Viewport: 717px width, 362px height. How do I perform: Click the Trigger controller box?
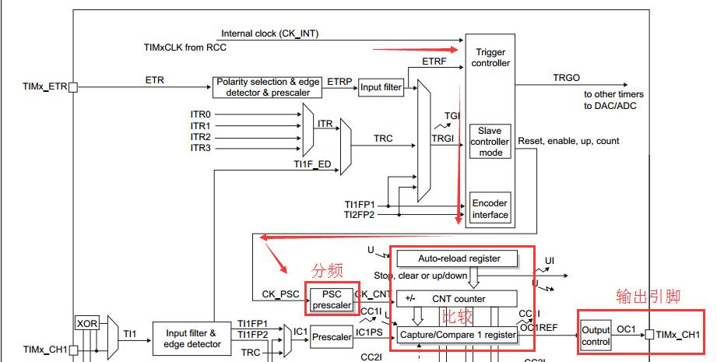pos(490,58)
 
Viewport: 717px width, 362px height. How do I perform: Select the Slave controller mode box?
pos(490,142)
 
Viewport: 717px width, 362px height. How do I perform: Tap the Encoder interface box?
pos(490,209)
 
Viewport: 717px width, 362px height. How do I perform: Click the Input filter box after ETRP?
pos(381,87)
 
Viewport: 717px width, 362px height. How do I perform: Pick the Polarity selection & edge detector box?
pos(268,87)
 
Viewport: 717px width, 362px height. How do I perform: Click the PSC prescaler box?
pos(332,299)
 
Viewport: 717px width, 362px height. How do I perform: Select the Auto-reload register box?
pos(459,258)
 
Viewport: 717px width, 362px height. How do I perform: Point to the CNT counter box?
pos(458,298)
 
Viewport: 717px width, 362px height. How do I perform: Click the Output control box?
pos(596,336)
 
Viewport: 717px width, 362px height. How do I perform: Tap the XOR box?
pos(86,323)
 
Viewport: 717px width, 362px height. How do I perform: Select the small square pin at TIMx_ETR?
pos(73,88)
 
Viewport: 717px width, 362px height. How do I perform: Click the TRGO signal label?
pos(566,78)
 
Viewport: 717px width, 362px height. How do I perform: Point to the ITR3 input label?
pos(200,148)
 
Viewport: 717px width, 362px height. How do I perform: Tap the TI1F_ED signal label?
pos(312,165)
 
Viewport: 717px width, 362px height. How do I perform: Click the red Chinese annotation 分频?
pos(327,271)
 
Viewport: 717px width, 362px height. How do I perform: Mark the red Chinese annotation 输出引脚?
pos(648,296)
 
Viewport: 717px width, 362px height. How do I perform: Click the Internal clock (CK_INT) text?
pos(269,33)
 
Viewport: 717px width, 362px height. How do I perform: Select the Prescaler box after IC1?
pos(332,337)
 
